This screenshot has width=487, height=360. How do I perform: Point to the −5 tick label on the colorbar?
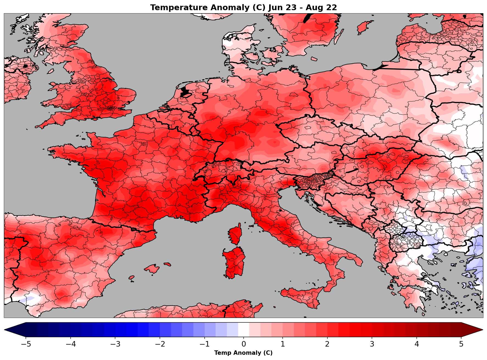coord(26,344)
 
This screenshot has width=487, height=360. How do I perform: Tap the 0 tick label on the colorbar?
coord(244,344)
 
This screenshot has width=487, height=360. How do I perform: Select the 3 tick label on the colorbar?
coord(372,344)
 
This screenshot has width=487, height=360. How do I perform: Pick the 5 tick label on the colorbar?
coord(461,344)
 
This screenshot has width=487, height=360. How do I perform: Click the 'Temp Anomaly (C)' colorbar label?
coord(243,353)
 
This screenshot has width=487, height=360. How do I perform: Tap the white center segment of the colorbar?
coord(244,330)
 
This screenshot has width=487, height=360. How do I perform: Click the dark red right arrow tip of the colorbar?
coord(475,330)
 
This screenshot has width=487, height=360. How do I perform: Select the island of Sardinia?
coord(234,262)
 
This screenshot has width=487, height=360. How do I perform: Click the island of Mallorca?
coord(152,268)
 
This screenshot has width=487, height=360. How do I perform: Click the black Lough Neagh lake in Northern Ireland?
coord(26,66)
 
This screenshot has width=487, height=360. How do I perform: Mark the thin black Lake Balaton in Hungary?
coord(352,171)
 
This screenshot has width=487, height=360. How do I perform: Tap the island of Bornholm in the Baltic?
coord(314,59)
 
